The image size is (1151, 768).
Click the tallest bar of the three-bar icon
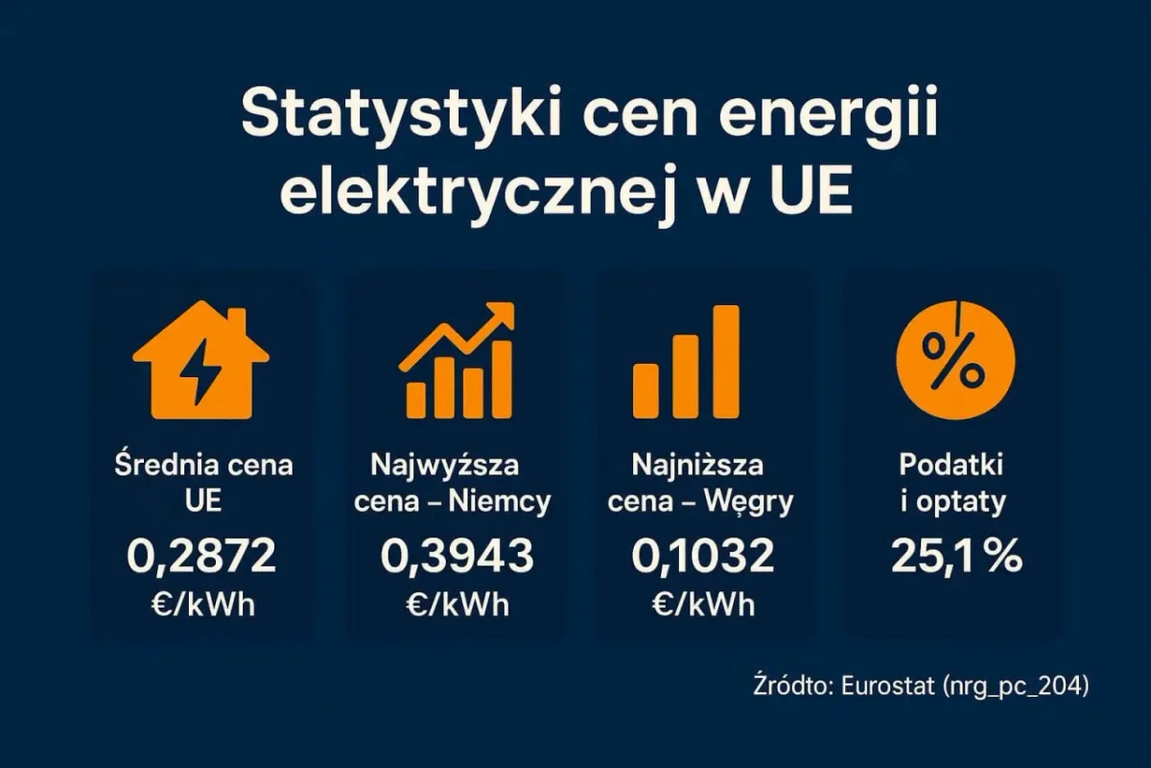click(725, 362)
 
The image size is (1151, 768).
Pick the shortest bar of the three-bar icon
click(646, 391)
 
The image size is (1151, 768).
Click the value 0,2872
click(201, 556)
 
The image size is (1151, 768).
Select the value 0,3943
click(457, 556)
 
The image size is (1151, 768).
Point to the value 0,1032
click(703, 556)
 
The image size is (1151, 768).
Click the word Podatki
click(951, 466)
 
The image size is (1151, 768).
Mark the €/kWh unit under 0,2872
click(201, 606)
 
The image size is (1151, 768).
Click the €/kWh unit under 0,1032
click(703, 606)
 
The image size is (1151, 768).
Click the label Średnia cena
click(203, 466)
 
